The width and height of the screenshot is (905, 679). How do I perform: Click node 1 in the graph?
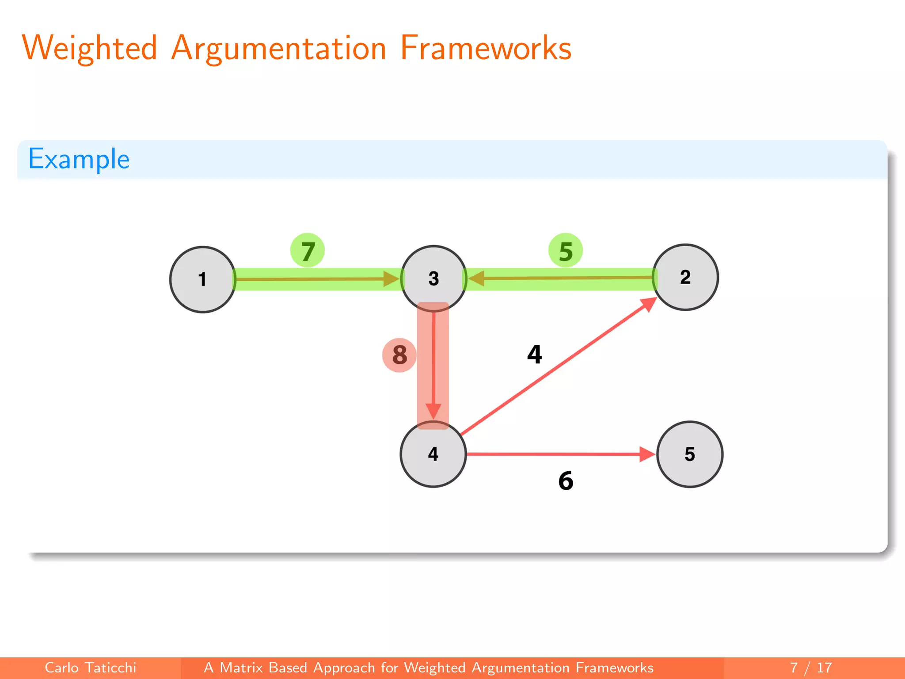pyautogui.click(x=202, y=279)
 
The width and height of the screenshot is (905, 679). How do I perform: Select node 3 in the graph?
pyautogui.click(x=433, y=278)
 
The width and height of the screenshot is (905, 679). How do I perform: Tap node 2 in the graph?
pyautogui.click(x=685, y=277)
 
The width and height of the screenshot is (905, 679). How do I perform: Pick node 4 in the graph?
pyautogui.click(x=433, y=454)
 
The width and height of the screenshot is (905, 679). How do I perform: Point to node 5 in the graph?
pyautogui.click(x=690, y=454)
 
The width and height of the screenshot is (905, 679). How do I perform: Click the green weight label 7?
pyautogui.click(x=308, y=251)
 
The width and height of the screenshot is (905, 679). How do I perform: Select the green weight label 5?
pyautogui.click(x=566, y=251)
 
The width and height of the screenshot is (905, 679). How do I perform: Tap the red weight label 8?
pyautogui.click(x=399, y=355)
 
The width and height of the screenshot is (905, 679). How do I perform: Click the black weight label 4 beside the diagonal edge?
pyautogui.click(x=535, y=355)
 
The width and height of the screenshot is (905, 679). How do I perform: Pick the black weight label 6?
pyautogui.click(x=566, y=481)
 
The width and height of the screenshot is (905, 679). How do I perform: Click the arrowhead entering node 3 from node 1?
pyautogui.click(x=392, y=279)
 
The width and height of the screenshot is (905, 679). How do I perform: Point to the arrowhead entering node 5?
pyautogui.click(x=647, y=454)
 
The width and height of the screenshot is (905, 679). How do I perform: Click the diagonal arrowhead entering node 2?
pyautogui.click(x=648, y=304)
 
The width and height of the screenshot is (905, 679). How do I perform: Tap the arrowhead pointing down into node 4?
pyautogui.click(x=433, y=411)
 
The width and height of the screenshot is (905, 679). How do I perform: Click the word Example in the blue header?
pyautogui.click(x=79, y=159)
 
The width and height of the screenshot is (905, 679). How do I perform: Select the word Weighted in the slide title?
pyautogui.click(x=90, y=48)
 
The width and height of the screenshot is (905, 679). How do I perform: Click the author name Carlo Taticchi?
pyautogui.click(x=91, y=668)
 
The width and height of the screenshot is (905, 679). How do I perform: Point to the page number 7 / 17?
pyautogui.click(x=811, y=668)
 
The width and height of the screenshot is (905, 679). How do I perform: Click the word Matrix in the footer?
pyautogui.click(x=241, y=668)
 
